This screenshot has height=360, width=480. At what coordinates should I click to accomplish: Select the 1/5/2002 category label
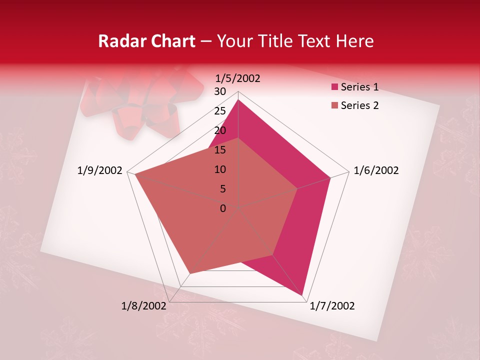[238, 78]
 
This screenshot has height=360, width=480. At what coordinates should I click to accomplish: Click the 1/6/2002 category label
[376, 170]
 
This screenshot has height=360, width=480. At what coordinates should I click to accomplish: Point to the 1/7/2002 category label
[332, 306]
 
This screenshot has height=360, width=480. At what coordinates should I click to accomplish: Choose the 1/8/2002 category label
[143, 306]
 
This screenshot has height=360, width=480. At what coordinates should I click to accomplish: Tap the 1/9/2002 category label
[100, 170]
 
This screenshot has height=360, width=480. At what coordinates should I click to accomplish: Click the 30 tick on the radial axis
[220, 91]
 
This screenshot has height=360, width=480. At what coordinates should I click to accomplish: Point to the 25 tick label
[220, 111]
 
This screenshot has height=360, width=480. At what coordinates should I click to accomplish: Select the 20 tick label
[220, 130]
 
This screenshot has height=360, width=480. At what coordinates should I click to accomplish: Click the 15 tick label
[220, 150]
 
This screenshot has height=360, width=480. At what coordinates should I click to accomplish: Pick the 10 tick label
[220, 169]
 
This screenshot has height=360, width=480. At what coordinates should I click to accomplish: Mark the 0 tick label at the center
[223, 208]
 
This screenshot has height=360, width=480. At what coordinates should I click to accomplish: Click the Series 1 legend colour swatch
[334, 87]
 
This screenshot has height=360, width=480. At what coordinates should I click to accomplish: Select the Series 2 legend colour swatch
[334, 105]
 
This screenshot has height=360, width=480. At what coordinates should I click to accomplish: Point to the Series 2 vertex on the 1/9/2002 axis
[135, 174]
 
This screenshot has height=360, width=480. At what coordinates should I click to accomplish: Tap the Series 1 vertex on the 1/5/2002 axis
[238, 100]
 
